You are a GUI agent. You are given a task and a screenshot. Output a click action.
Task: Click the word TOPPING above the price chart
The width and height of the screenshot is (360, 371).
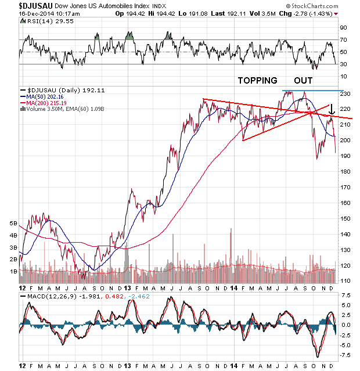(256, 80)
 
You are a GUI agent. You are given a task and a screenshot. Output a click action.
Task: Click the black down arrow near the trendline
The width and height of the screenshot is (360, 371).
(331, 109)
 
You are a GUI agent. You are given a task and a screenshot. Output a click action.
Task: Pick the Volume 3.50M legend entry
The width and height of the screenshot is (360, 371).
(42, 108)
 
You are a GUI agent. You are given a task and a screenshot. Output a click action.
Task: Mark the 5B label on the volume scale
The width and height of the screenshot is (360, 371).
(12, 222)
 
